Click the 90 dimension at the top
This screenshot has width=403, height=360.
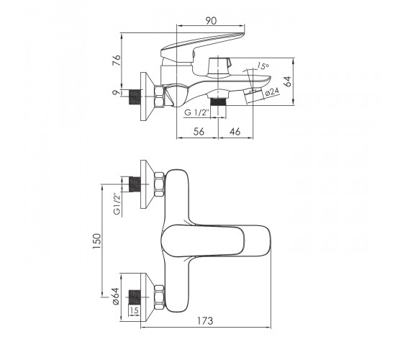coord(211,21)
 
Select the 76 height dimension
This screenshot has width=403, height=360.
coord(117,60)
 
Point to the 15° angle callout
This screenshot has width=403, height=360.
coord(263,66)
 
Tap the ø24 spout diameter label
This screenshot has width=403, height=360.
coord(272,92)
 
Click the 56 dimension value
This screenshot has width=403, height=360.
coord(199,132)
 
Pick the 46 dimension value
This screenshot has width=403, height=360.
coord(235,132)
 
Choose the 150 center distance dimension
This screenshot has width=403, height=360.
coord(97,241)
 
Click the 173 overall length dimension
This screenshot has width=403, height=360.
coord(205,321)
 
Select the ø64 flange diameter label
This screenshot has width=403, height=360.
coord(116,296)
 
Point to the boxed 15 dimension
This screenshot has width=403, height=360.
coord(134,310)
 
